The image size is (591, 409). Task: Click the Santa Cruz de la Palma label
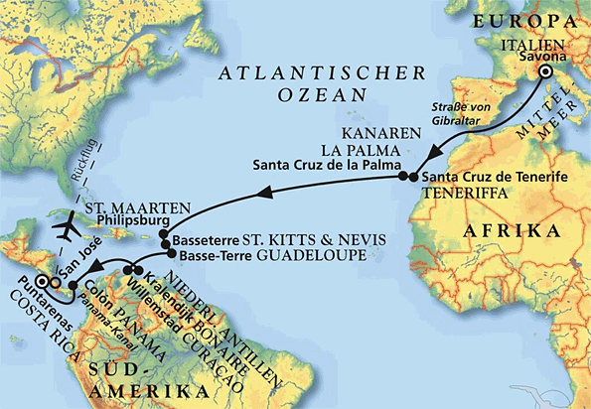pos(326,164)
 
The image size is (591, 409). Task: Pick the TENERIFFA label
pos(460,193)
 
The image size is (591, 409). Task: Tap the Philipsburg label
pos(126,223)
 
